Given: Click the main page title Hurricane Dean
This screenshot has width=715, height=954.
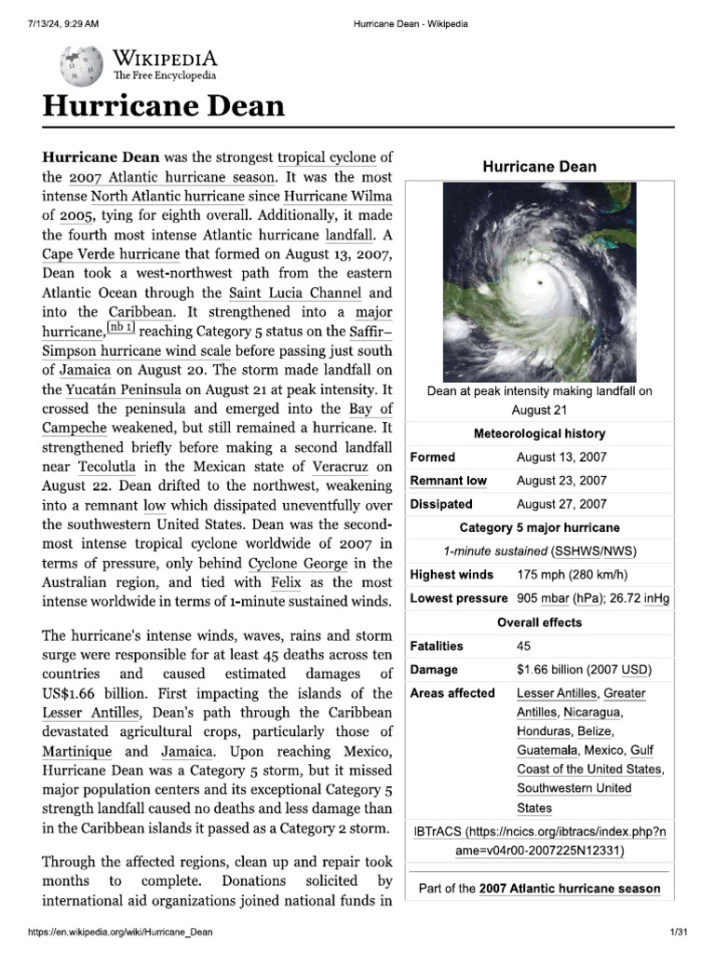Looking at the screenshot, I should point(163,105).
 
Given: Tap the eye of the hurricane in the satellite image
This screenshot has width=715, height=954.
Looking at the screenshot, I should point(541,281).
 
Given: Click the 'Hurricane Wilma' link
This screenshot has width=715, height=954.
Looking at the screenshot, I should point(338,196).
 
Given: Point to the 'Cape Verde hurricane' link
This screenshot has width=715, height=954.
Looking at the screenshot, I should point(110,253).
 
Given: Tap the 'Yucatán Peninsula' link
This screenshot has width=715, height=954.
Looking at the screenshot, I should point(116,389).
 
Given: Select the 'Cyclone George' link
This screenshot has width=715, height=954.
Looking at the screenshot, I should point(296,563).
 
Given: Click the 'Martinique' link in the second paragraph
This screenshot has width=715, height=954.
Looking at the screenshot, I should point(77,751).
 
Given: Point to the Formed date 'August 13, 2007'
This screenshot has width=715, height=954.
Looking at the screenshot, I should point(561,457).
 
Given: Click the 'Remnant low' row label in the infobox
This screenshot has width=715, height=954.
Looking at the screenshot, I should point(449,481).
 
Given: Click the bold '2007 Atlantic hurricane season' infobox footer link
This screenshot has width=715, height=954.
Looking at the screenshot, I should point(570,889).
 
